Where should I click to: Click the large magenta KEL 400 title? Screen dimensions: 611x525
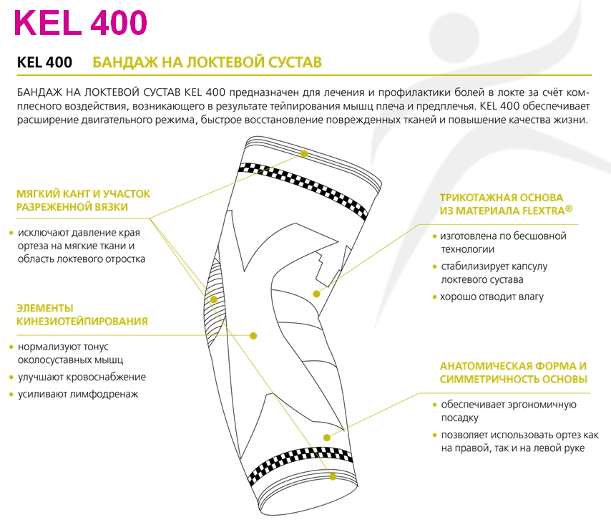tap(81, 23)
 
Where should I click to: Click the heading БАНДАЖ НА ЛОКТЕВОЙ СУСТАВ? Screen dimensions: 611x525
tap(207, 62)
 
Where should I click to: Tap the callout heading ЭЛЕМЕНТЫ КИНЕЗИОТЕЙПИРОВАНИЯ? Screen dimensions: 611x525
tap(82, 314)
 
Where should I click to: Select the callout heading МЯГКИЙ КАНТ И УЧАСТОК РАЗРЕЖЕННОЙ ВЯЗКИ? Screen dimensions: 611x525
tap(83, 200)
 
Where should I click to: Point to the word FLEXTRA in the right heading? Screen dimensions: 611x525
tap(543, 211)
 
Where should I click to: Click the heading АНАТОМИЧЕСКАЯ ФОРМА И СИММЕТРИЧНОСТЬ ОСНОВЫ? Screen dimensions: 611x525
tap(514, 372)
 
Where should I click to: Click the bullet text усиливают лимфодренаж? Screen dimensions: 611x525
tap(78, 394)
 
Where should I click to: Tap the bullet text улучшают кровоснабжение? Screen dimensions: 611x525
tap(82, 377)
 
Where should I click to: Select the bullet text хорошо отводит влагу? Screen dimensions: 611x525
tap(492, 297)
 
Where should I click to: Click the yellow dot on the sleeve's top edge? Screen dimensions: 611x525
tap(304, 154)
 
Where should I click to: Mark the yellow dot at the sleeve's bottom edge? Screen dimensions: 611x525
tap(333, 476)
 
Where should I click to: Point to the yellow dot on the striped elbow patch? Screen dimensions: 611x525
tap(214, 299)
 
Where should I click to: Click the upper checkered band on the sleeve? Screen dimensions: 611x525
tap(303, 188)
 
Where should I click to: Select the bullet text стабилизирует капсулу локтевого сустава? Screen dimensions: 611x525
tap(494, 273)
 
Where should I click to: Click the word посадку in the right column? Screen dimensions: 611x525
tap(459, 418)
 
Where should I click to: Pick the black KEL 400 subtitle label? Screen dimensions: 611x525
tap(44, 62)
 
